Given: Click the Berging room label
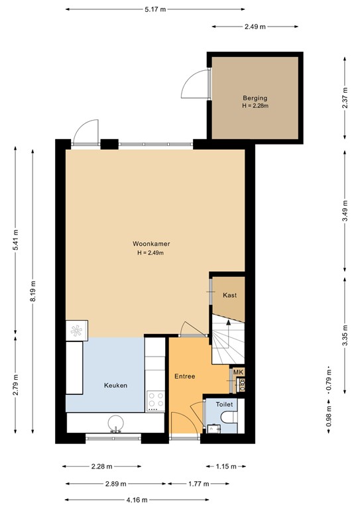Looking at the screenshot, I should click(x=255, y=98).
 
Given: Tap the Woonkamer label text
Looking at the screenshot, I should click(x=150, y=244).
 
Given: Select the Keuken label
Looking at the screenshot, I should click(x=115, y=385).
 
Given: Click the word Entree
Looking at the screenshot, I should click(x=184, y=376).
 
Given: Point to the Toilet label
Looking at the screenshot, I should click(x=224, y=403).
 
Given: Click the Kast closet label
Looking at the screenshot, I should click(x=229, y=295).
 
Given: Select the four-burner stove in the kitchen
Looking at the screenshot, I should click(x=156, y=400).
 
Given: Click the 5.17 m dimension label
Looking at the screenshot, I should click(x=155, y=9).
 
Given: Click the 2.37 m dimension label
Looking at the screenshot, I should click(x=344, y=98).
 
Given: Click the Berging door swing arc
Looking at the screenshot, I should click(x=192, y=85).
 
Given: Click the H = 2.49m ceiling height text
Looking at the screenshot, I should click(x=150, y=253).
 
